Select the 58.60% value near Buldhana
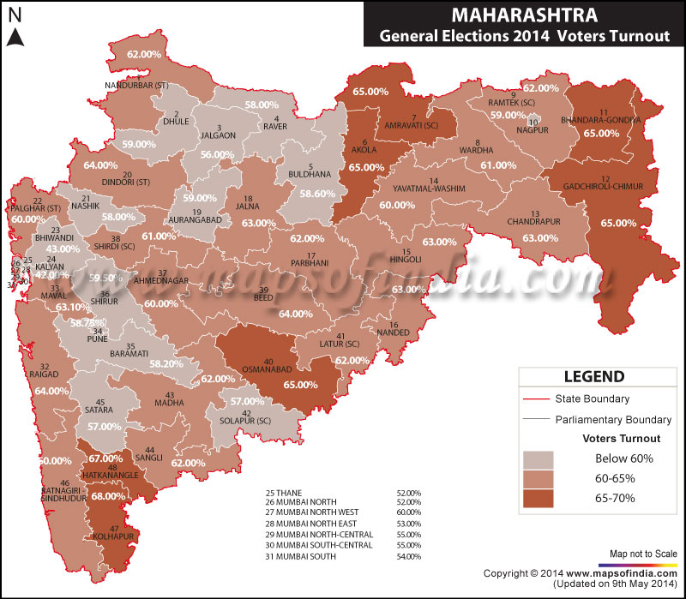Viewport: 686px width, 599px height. pyautogui.click(x=316, y=195)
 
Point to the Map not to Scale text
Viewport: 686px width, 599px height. pyautogui.click(x=644, y=553)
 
